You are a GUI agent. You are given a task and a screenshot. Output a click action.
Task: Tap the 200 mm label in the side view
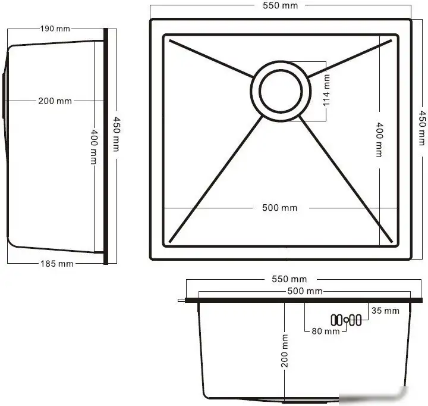(55, 101)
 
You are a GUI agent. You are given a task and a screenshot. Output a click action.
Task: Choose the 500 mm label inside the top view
(279, 208)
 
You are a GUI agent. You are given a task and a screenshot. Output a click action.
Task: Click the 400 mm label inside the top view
(379, 139)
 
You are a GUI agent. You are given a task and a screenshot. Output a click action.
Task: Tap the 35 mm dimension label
(384, 310)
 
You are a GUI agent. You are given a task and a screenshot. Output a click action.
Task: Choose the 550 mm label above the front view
(289, 279)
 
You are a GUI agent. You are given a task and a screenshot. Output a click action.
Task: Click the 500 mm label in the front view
(304, 291)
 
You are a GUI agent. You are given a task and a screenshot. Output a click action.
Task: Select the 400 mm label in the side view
(93, 147)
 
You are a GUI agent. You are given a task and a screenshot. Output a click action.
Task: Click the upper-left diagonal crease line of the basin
(211, 58)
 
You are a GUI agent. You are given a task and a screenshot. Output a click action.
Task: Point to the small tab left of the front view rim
(181, 301)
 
